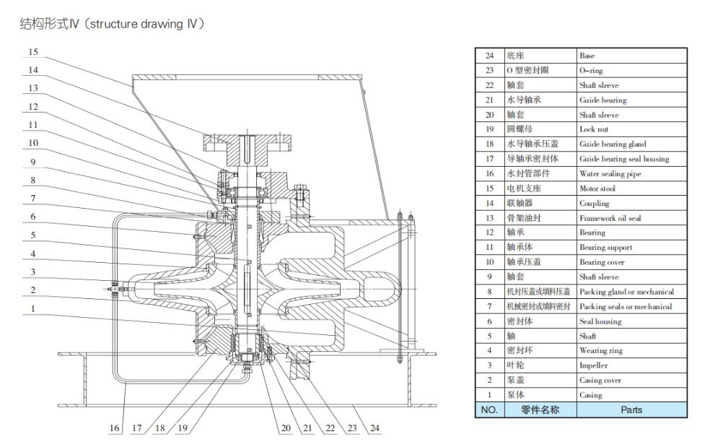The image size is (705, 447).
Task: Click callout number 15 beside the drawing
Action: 33,52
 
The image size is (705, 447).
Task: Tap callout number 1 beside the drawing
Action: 33,308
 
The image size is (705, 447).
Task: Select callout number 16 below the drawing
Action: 115,428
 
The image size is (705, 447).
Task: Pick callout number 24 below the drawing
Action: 375,428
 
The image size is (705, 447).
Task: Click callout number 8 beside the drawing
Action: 33,179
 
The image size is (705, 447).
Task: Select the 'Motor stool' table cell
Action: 597,188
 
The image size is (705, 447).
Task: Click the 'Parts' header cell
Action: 631,410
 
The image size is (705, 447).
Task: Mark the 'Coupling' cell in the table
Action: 594,204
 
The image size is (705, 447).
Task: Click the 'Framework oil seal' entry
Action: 605,218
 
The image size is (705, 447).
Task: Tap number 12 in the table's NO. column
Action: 490,233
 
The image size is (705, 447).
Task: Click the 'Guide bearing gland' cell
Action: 613,144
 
